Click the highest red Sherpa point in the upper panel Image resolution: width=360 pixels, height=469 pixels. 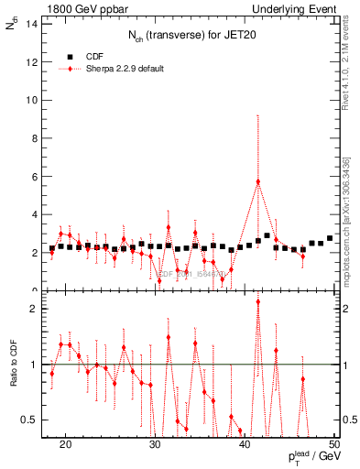[x=258, y=181]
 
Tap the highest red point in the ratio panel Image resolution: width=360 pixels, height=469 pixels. [x=258, y=301]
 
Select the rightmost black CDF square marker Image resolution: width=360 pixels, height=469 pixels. [x=330, y=238]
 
